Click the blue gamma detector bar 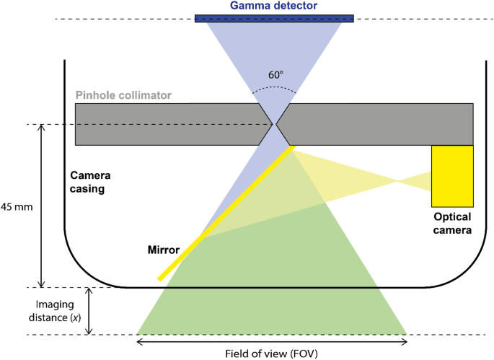click(x=274, y=17)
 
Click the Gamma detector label click(x=274, y=6)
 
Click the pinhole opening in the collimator click(x=274, y=125)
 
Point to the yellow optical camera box click(x=452, y=176)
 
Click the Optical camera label click(x=452, y=224)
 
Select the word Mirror click(x=163, y=250)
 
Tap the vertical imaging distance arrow click(x=89, y=311)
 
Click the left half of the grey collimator click(x=166, y=125)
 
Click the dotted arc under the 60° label click(x=274, y=90)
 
